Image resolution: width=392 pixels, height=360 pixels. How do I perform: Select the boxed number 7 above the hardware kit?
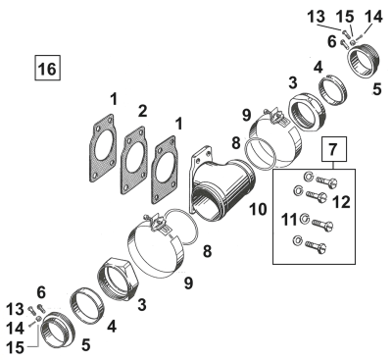click(x=334, y=151)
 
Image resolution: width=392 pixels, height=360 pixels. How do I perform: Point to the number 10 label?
click(x=259, y=208)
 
